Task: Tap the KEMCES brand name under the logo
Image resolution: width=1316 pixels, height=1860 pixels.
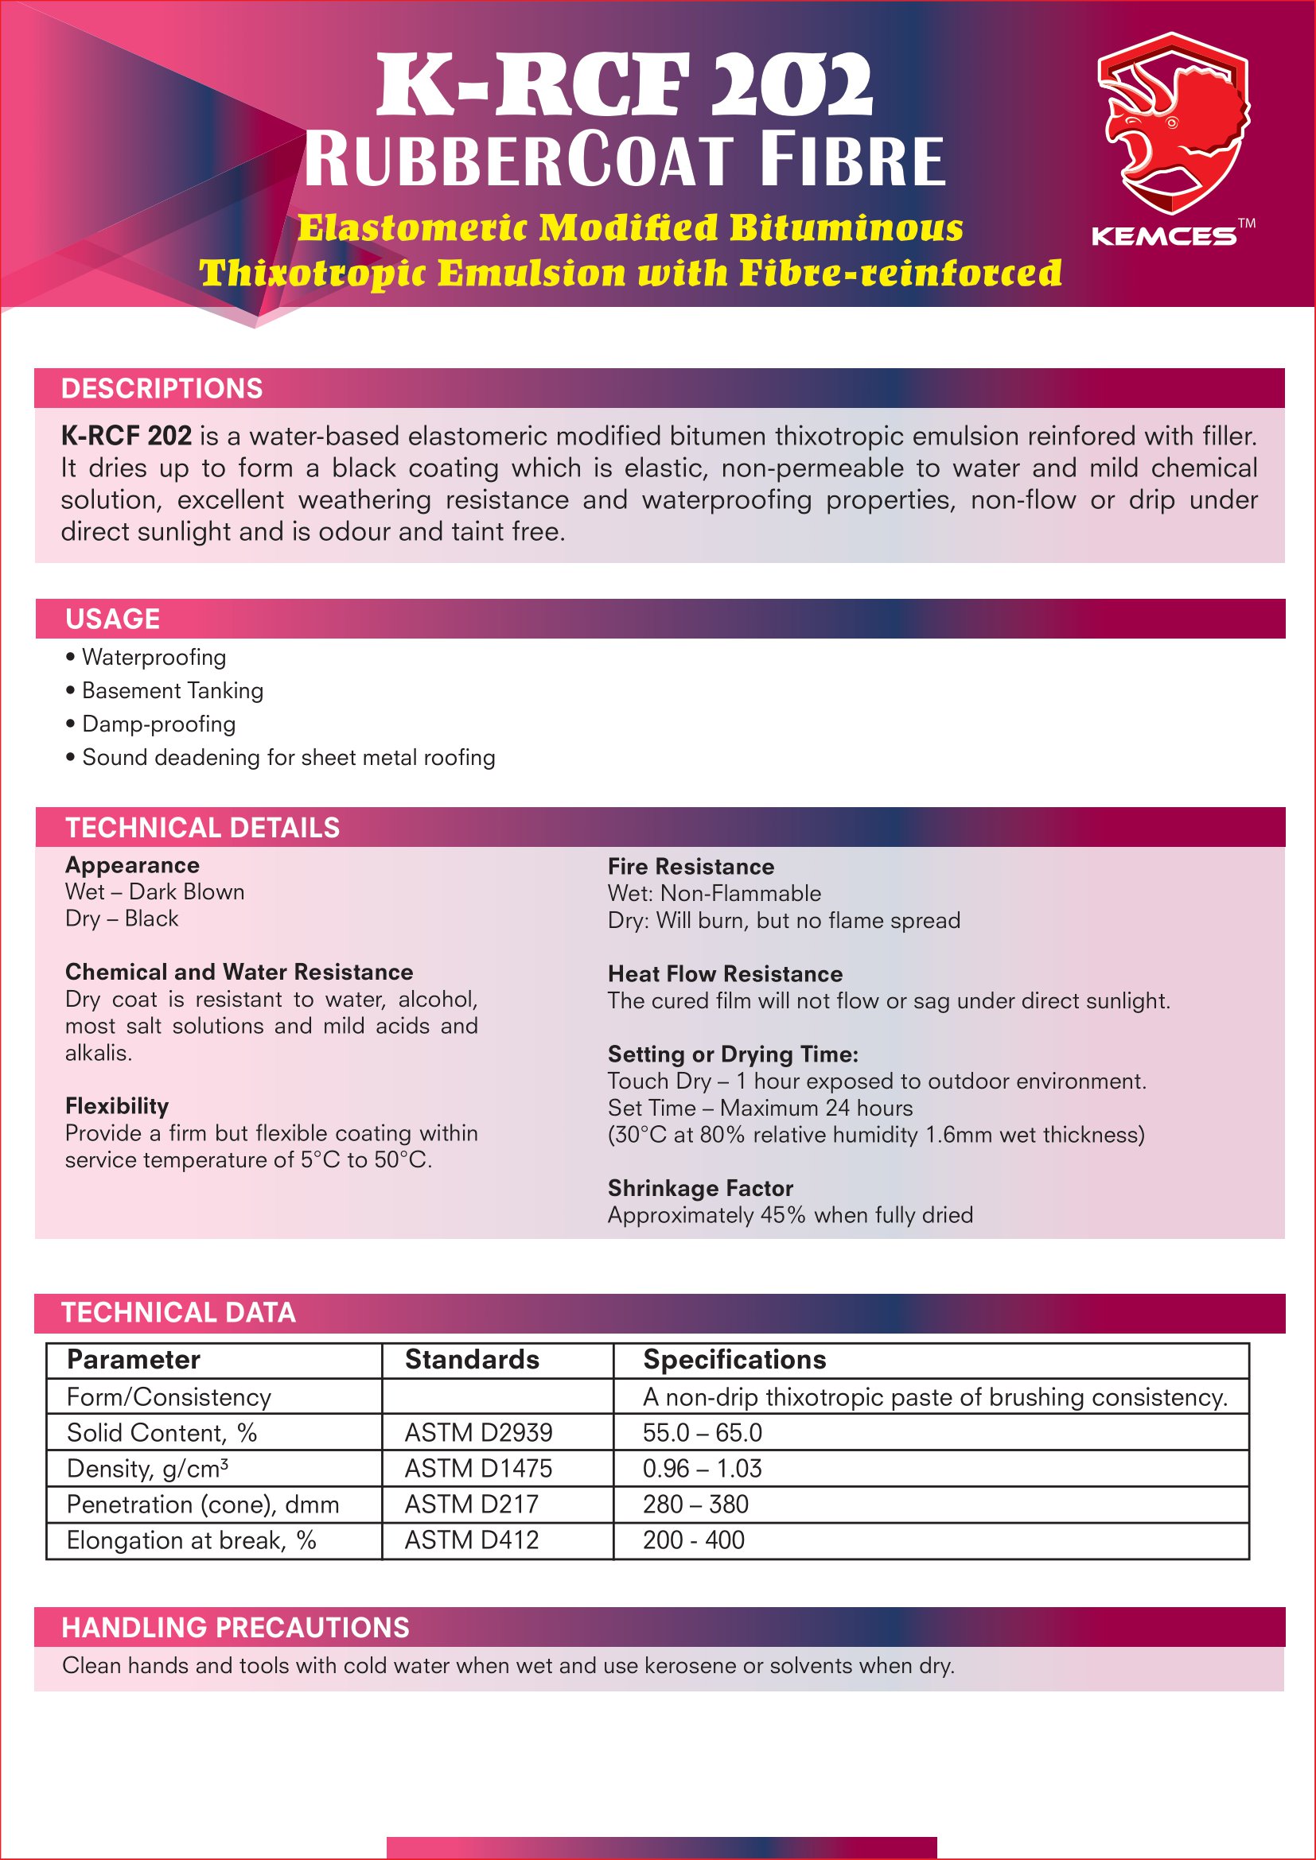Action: pyautogui.click(x=1164, y=236)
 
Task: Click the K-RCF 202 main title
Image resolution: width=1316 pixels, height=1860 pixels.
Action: pyautogui.click(x=625, y=86)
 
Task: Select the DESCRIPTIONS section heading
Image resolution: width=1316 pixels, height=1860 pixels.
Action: pyautogui.click(x=162, y=389)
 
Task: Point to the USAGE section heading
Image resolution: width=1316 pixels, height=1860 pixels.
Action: pyautogui.click(x=113, y=619)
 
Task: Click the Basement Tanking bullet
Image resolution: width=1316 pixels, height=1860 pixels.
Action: pyautogui.click(x=173, y=691)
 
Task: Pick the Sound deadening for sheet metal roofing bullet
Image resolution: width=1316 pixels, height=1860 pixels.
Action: pyautogui.click(x=289, y=758)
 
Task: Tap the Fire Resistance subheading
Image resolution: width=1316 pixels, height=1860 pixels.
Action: pyautogui.click(x=691, y=867)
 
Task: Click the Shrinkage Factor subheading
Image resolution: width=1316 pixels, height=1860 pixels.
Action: pyautogui.click(x=700, y=1188)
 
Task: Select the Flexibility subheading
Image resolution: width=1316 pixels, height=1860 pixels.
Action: pyautogui.click(x=117, y=1106)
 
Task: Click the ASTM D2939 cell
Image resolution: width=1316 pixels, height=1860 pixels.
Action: pyautogui.click(x=478, y=1432)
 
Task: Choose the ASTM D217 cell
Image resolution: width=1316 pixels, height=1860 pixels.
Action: pyautogui.click(x=472, y=1504)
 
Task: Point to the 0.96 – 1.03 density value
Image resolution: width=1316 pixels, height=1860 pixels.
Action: pyautogui.click(x=702, y=1468)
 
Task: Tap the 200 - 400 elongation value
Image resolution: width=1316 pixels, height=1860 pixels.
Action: pyautogui.click(x=694, y=1540)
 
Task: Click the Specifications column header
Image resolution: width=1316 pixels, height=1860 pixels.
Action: pyautogui.click(x=734, y=1359)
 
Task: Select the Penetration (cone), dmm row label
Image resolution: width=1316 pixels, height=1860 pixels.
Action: pyautogui.click(x=203, y=1504)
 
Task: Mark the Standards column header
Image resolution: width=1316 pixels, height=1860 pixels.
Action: pyautogui.click(x=472, y=1359)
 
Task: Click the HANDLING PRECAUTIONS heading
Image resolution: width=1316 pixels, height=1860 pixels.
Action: pyautogui.click(x=236, y=1628)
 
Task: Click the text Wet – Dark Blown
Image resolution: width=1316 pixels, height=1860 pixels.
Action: pyautogui.click(x=155, y=892)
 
